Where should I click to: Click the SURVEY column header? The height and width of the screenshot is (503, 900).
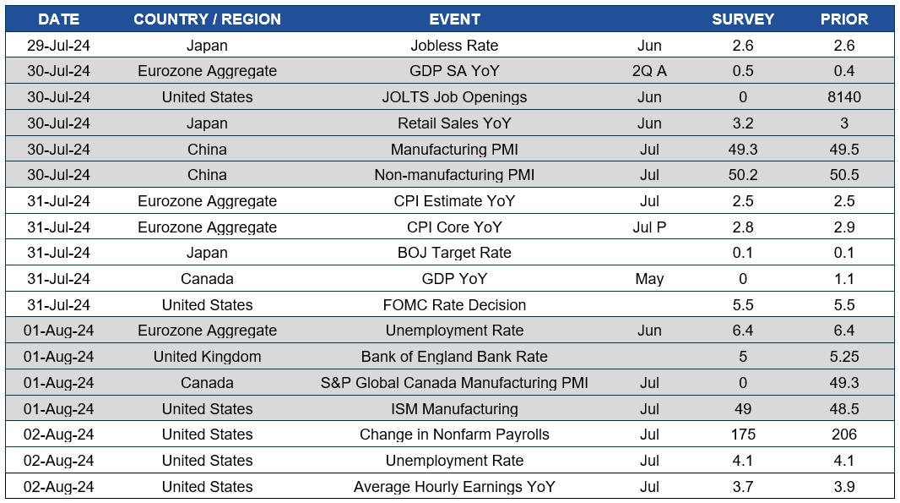[x=743, y=19]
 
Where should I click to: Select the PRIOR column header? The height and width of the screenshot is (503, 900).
[x=844, y=19]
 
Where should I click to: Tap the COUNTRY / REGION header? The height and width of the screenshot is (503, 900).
[x=207, y=19]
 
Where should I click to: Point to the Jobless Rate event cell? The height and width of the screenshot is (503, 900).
[x=454, y=46]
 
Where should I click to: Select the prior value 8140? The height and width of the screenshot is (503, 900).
[x=844, y=97]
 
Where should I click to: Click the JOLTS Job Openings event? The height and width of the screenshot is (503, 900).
[x=454, y=97]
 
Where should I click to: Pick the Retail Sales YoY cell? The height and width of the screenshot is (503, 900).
[x=454, y=123]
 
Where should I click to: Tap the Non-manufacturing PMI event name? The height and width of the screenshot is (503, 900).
[x=454, y=175]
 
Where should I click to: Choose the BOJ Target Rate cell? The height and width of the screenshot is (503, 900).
[x=454, y=253]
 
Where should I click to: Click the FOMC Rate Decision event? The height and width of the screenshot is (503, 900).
[x=454, y=305]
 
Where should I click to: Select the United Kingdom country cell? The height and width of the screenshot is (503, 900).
[x=207, y=357]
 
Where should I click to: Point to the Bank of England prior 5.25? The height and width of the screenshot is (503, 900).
[x=844, y=357]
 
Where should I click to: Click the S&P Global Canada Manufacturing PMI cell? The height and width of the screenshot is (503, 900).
[x=454, y=383]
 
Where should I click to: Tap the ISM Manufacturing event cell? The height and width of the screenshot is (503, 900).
[x=454, y=409]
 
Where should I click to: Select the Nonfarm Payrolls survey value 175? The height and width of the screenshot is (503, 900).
[x=743, y=435]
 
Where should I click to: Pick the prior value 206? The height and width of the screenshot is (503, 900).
[x=844, y=435]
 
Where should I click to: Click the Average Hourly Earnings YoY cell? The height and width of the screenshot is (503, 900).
[x=454, y=487]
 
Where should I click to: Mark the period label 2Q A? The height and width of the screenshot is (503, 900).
[x=649, y=71]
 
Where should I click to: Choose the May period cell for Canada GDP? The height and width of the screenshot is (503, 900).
[x=649, y=279]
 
